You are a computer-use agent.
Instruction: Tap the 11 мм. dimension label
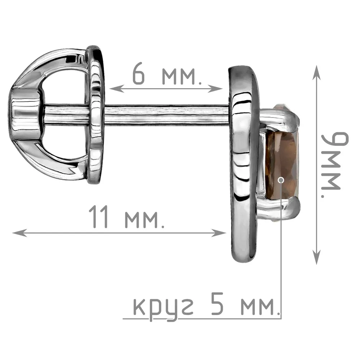pos(127,217)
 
